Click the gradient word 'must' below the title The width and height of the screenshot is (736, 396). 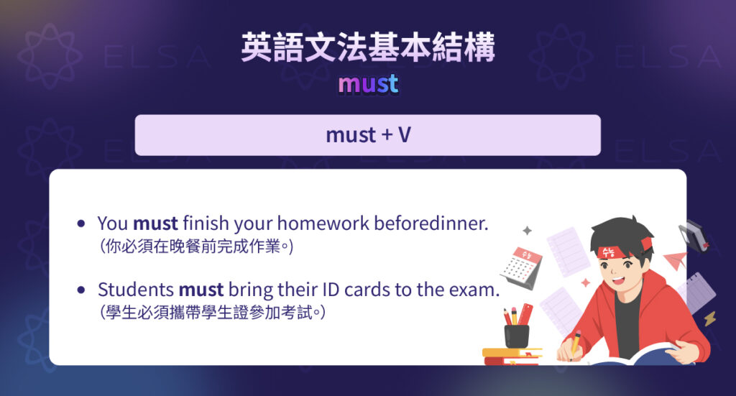click(368, 85)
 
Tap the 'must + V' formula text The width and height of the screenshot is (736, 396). click(368, 134)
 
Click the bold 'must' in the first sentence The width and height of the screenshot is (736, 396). click(155, 223)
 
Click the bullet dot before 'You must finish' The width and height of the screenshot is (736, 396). click(81, 224)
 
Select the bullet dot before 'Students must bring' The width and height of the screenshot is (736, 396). click(81, 290)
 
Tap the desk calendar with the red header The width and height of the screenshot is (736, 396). click(522, 267)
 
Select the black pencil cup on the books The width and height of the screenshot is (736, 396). click(516, 335)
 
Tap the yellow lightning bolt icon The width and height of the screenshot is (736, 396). click(709, 318)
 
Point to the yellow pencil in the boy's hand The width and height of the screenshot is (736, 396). click(575, 341)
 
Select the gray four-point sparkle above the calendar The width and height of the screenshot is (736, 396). click(527, 231)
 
